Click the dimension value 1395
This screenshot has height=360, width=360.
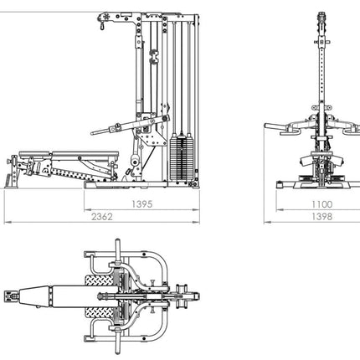click(142, 204)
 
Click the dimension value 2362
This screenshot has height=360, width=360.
click(102, 217)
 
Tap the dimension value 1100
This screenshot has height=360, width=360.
click(322, 204)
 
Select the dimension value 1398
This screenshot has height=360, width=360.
click(322, 217)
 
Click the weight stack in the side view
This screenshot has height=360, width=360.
click(182, 158)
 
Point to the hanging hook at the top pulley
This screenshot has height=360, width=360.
click(101, 27)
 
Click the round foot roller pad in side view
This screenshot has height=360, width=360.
click(135, 161)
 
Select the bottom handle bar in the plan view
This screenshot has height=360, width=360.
click(117, 341)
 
